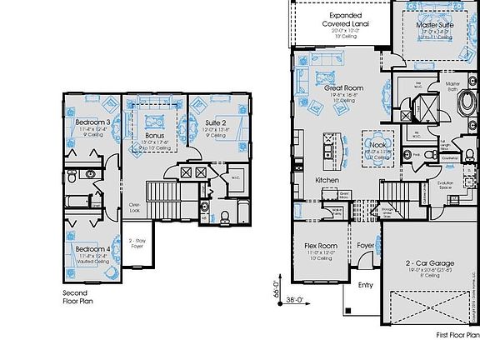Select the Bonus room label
(x=154, y=134)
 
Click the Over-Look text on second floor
(x=133, y=208)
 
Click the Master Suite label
(x=433, y=26)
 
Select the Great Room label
(x=342, y=87)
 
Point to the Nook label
(x=377, y=144)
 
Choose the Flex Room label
(x=321, y=246)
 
